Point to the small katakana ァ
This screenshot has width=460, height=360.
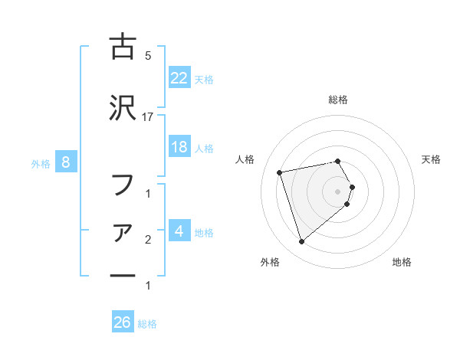(x=123, y=233)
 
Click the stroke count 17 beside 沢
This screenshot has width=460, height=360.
(x=148, y=117)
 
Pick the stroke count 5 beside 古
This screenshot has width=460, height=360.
(x=148, y=55)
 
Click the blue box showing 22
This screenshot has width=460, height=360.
(x=179, y=78)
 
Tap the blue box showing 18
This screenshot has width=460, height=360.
(x=179, y=148)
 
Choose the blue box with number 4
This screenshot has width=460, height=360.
(x=179, y=231)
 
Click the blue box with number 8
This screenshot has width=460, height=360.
(x=67, y=162)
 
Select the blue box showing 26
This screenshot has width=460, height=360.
(x=123, y=323)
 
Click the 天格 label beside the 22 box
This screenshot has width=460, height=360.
(x=204, y=79)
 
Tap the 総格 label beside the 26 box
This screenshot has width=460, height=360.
(x=148, y=324)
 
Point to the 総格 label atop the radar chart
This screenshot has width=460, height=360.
(x=338, y=100)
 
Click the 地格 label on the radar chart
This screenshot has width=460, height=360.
(x=402, y=262)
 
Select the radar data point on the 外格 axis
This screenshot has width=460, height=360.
(x=301, y=242)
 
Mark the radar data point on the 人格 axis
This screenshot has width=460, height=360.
(x=280, y=172)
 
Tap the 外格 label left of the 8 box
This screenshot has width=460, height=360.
(x=41, y=163)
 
